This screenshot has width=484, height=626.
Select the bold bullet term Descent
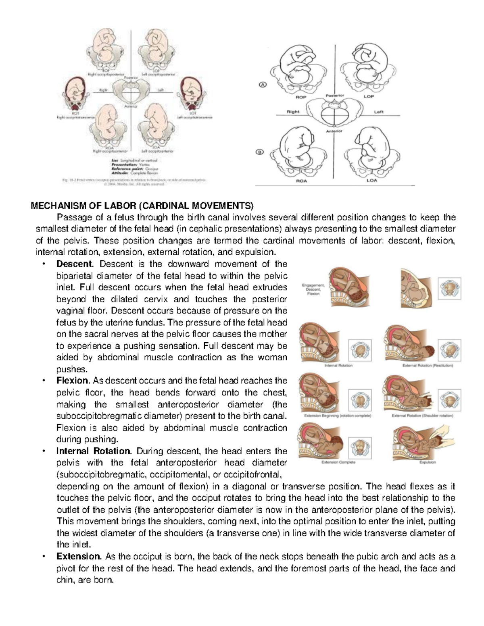[x=75, y=264]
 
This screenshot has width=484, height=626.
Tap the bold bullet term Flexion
[x=73, y=381]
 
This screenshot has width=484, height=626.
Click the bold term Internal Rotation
[x=94, y=451]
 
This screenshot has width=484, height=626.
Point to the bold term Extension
[x=79, y=557]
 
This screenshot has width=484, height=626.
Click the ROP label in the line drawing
[x=301, y=97]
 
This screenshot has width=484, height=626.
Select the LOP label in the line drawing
[x=369, y=97]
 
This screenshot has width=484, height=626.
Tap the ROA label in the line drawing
[x=301, y=181]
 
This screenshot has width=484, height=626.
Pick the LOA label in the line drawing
[x=371, y=181]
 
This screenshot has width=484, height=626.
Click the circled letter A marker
[x=263, y=85]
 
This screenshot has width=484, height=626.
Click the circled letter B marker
[x=260, y=152]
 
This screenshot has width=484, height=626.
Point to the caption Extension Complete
[x=338, y=462]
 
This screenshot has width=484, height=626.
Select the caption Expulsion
[x=427, y=462]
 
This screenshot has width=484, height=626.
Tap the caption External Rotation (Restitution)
[x=428, y=366]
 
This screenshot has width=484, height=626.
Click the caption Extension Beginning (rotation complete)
[x=338, y=416]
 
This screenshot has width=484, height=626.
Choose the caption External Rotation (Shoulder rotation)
[x=422, y=416]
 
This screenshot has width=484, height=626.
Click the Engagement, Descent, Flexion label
[x=313, y=289]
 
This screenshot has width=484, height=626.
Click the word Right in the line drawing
[x=293, y=112]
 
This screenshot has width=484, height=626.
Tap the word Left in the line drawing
[x=378, y=112]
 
